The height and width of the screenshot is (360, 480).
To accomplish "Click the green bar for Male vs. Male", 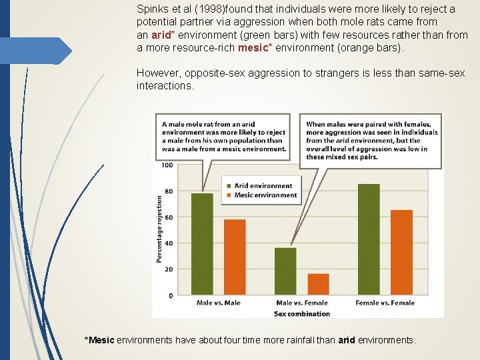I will point(202,244).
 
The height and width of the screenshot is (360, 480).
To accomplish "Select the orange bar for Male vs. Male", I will point(235,257).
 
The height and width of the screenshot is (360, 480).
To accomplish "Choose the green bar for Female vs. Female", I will point(369,239).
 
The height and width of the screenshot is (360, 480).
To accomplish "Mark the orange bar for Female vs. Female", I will point(401,253).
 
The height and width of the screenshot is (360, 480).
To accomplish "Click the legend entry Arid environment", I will point(263,186).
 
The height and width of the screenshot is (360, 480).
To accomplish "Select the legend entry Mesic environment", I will point(265,195).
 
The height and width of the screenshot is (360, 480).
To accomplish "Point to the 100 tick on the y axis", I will point(167,165).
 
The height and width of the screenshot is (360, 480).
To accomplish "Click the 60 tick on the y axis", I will point(168,217).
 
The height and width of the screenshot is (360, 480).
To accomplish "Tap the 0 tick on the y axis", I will point(171,295).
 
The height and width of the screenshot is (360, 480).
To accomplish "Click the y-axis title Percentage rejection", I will point(160,229).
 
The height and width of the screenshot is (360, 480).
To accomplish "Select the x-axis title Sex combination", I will point(301,313).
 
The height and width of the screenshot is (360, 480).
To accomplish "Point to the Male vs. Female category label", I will point(301,303).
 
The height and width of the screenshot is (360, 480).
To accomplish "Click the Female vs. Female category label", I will point(385,303).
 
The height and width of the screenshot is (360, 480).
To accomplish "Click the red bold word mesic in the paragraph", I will point(253,48).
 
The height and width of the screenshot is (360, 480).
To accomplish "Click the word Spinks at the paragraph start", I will point(152,10).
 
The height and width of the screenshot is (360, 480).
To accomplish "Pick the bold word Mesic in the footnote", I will point(101,340).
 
